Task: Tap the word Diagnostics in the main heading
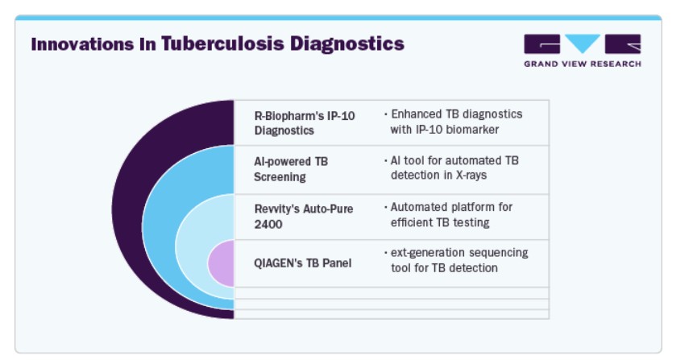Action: pos(347,44)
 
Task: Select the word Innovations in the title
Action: pos(82,44)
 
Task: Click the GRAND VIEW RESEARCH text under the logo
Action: pos(583,64)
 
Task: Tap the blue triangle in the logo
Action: pos(583,42)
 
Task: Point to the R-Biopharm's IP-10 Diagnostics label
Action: pos(305,123)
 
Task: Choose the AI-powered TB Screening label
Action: pos(291,169)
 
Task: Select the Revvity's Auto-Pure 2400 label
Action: pos(304,217)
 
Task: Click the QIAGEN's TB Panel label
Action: pos(303,263)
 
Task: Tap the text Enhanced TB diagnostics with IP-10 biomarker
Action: pos(454,122)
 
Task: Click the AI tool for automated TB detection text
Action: pos(451,168)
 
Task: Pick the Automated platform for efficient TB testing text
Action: pos(449,215)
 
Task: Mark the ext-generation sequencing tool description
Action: pos(456,260)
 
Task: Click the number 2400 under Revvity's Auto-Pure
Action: pos(268,225)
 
